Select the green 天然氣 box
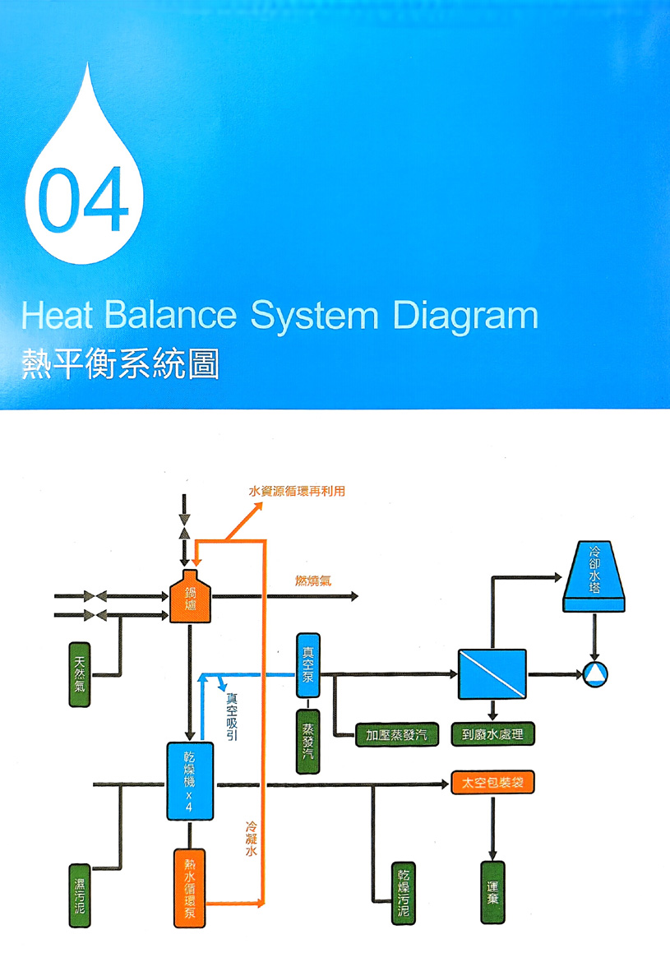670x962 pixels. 80,674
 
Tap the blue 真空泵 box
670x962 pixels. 309,665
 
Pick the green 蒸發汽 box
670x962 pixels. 309,741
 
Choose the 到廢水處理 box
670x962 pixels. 492,734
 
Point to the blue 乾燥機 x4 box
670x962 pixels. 190,780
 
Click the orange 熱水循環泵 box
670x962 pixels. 190,887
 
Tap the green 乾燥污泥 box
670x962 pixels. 402,894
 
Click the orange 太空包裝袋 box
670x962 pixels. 493,783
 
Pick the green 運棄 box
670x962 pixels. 492,892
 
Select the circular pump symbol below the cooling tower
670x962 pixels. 594,675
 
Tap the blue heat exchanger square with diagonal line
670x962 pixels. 492,673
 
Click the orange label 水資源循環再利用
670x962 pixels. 297,491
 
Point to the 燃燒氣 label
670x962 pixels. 313,581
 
